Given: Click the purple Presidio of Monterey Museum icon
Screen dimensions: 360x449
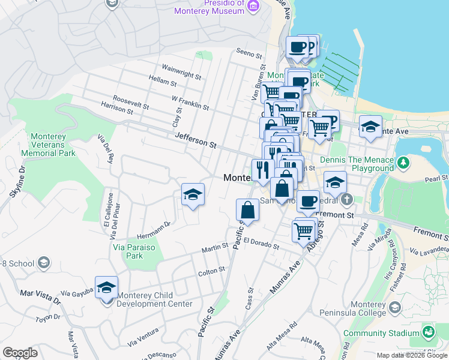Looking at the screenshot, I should tap(253, 6).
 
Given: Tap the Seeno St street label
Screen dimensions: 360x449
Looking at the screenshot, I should tap(250, 54).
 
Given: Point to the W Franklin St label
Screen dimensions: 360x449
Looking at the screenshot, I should tap(190, 103).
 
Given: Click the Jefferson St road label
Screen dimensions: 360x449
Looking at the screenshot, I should tap(195, 141).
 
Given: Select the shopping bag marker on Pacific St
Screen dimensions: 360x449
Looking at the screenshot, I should tap(247, 211).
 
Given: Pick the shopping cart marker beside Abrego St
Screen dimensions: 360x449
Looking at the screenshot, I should tap(304, 229).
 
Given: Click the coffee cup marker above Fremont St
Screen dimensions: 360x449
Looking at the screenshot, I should tap(308, 202).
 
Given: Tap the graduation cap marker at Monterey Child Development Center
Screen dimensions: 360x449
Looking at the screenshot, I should tap(106, 287).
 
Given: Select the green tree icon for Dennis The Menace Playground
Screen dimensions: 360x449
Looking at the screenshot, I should tap(405, 161).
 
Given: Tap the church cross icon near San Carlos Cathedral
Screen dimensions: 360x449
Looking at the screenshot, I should tap(346, 199).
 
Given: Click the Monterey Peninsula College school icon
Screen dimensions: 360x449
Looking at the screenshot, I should tap(394, 308).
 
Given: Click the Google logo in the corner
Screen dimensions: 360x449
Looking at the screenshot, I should tap(20, 353).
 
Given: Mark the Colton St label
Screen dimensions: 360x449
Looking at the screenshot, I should tap(211, 271).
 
